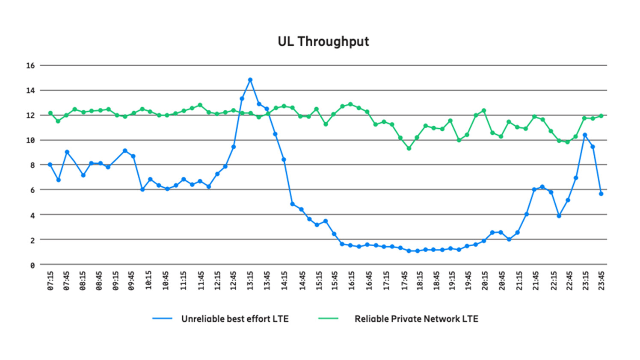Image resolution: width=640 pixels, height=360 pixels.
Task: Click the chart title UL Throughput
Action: point(323,41)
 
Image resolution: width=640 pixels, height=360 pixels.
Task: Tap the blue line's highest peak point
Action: point(250,80)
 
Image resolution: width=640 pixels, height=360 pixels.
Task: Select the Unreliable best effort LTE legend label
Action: point(235,319)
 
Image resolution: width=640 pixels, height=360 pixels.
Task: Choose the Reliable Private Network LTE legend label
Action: point(416,319)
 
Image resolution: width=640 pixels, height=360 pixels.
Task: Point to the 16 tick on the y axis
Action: point(30,65)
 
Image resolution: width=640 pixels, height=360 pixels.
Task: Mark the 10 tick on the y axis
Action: point(30,140)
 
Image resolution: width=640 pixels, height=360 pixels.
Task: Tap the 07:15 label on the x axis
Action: point(50,280)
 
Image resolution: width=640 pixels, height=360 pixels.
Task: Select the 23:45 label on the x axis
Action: point(601,280)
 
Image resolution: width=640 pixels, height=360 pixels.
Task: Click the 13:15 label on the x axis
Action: point(250,280)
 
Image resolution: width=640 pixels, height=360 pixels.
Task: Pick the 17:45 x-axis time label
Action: point(404,280)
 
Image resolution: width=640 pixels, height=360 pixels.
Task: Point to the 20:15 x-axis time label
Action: point(485,280)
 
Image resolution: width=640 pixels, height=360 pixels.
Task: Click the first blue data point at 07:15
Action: point(50,165)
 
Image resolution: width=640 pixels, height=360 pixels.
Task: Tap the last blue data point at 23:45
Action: point(601,194)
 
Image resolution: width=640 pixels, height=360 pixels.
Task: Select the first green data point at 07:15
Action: point(50,113)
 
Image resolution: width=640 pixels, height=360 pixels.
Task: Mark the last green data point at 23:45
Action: point(601,116)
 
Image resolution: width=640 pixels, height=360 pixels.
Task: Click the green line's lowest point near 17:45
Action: point(409,148)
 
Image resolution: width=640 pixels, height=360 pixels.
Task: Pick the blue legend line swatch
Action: point(162,319)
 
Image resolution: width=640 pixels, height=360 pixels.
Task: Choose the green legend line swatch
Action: point(328,319)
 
